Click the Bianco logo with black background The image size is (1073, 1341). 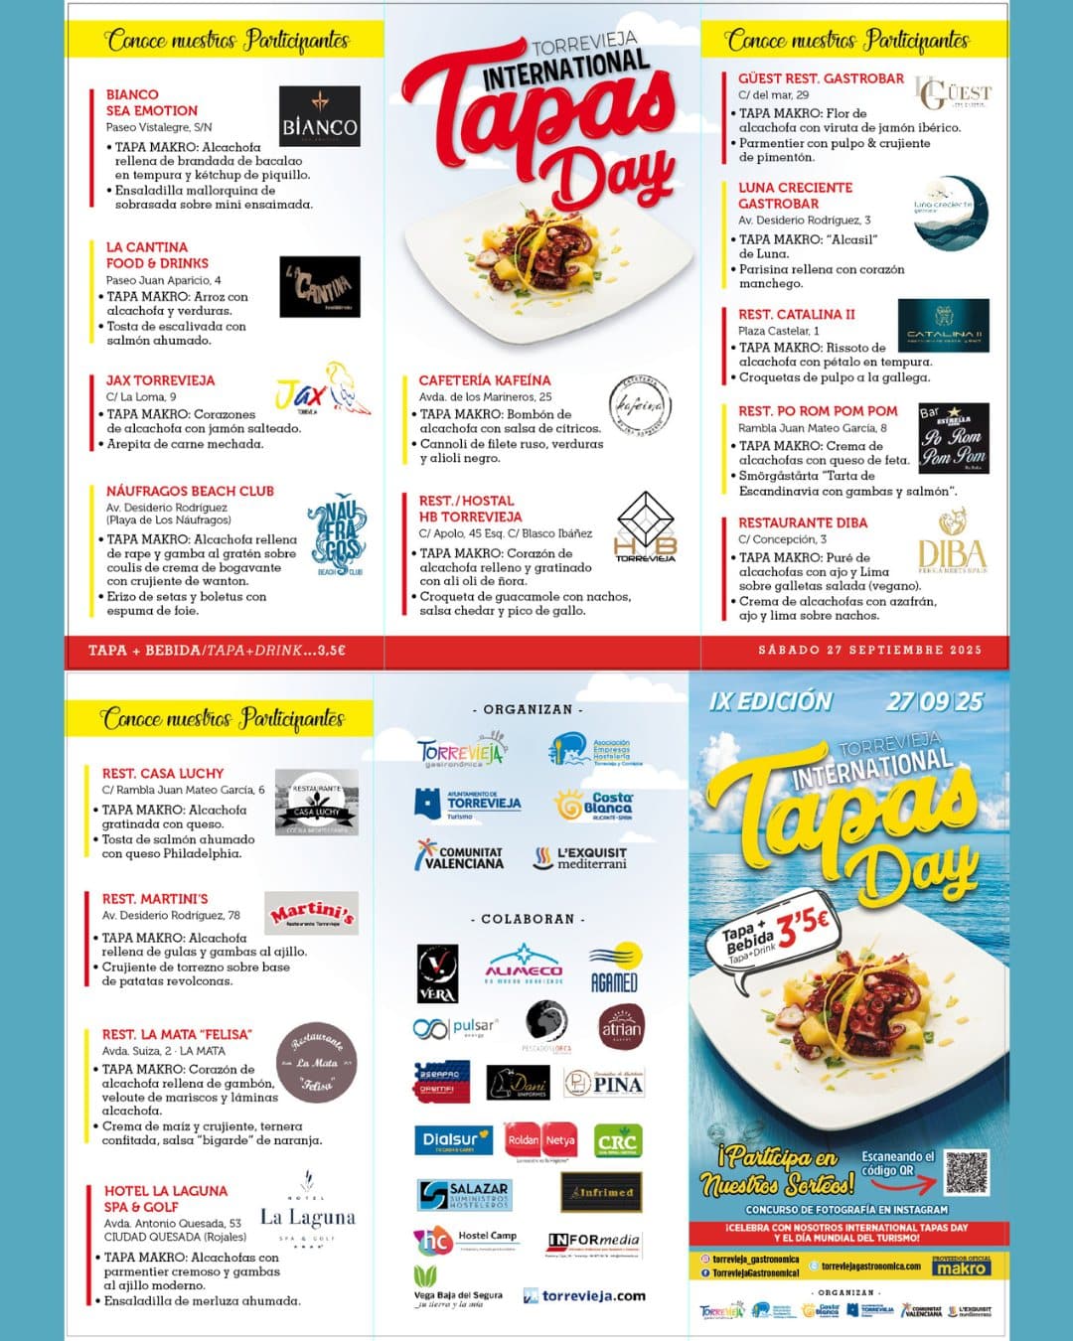tap(319, 116)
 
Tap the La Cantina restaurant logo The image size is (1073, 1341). tap(319, 286)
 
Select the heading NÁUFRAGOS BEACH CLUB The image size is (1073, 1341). tap(190, 491)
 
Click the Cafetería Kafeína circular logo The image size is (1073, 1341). tap(639, 406)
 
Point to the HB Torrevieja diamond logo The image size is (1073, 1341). tap(645, 525)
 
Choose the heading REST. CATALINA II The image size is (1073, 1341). tap(796, 314)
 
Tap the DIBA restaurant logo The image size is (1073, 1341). tap(952, 541)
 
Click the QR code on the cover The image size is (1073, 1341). tap(966, 1172)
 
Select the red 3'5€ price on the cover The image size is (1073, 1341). tap(802, 926)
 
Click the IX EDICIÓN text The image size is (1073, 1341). tap(770, 701)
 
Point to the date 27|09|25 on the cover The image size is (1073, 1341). tap(934, 701)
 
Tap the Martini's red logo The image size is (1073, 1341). tap(312, 912)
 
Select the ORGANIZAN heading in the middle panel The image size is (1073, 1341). tap(528, 709)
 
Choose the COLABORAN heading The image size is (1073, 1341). tap(528, 919)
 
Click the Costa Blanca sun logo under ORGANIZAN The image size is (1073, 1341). tap(593, 805)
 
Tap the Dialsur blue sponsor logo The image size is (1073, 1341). tap(453, 1140)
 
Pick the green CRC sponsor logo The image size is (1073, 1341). tap(616, 1141)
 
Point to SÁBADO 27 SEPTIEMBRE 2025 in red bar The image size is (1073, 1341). tap(869, 650)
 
